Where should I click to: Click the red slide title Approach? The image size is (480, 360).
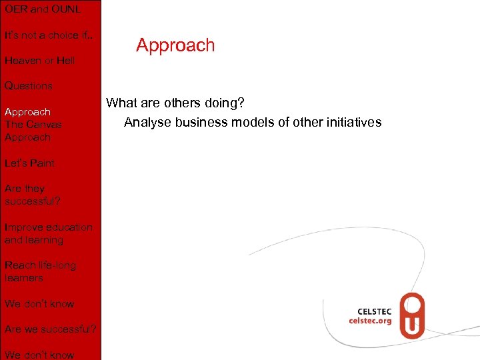tap(175, 45)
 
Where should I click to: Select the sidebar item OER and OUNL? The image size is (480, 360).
tap(42, 9)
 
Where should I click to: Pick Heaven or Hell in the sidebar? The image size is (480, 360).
tap(39, 61)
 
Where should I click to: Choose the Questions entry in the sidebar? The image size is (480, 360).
tap(28, 86)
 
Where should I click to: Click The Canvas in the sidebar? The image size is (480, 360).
tap(33, 125)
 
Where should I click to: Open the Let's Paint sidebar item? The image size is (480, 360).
tap(29, 163)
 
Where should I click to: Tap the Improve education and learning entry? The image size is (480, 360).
tap(48, 233)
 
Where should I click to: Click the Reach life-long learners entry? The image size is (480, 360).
tap(40, 271)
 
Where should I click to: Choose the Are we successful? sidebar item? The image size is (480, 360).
tap(51, 329)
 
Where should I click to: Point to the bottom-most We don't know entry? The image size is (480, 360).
tap(39, 355)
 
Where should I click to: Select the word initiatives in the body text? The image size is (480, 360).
tap(354, 122)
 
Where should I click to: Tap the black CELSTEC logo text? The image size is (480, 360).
tap(375, 311)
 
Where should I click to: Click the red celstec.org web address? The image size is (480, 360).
tap(371, 320)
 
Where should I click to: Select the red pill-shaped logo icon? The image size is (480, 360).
tap(411, 316)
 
